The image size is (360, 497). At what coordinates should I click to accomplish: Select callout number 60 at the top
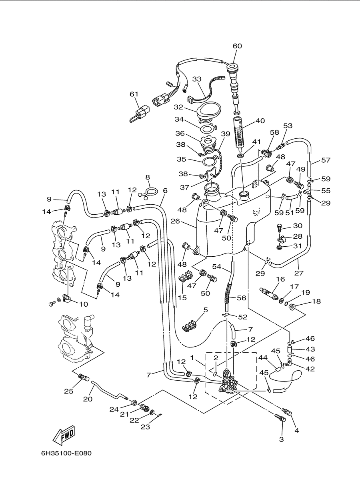[x=237, y=46]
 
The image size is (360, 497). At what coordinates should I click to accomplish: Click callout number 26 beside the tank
[x=175, y=221]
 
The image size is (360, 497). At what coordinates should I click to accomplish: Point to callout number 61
[x=134, y=94]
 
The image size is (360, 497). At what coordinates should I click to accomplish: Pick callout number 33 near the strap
[x=197, y=79]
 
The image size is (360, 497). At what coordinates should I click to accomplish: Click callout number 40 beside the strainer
[x=260, y=121]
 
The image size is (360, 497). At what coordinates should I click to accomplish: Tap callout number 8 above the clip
[x=148, y=177]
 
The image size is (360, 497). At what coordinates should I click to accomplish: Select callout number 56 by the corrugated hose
[x=242, y=298]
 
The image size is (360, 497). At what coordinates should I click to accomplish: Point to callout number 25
[x=68, y=391]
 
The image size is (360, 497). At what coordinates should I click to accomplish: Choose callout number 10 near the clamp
[x=84, y=304]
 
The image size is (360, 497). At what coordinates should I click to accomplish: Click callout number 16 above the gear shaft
[x=280, y=279]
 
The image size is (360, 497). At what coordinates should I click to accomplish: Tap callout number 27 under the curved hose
[x=299, y=273]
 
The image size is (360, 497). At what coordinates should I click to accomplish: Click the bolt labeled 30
[x=280, y=228]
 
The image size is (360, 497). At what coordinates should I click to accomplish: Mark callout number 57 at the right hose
[x=326, y=160]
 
